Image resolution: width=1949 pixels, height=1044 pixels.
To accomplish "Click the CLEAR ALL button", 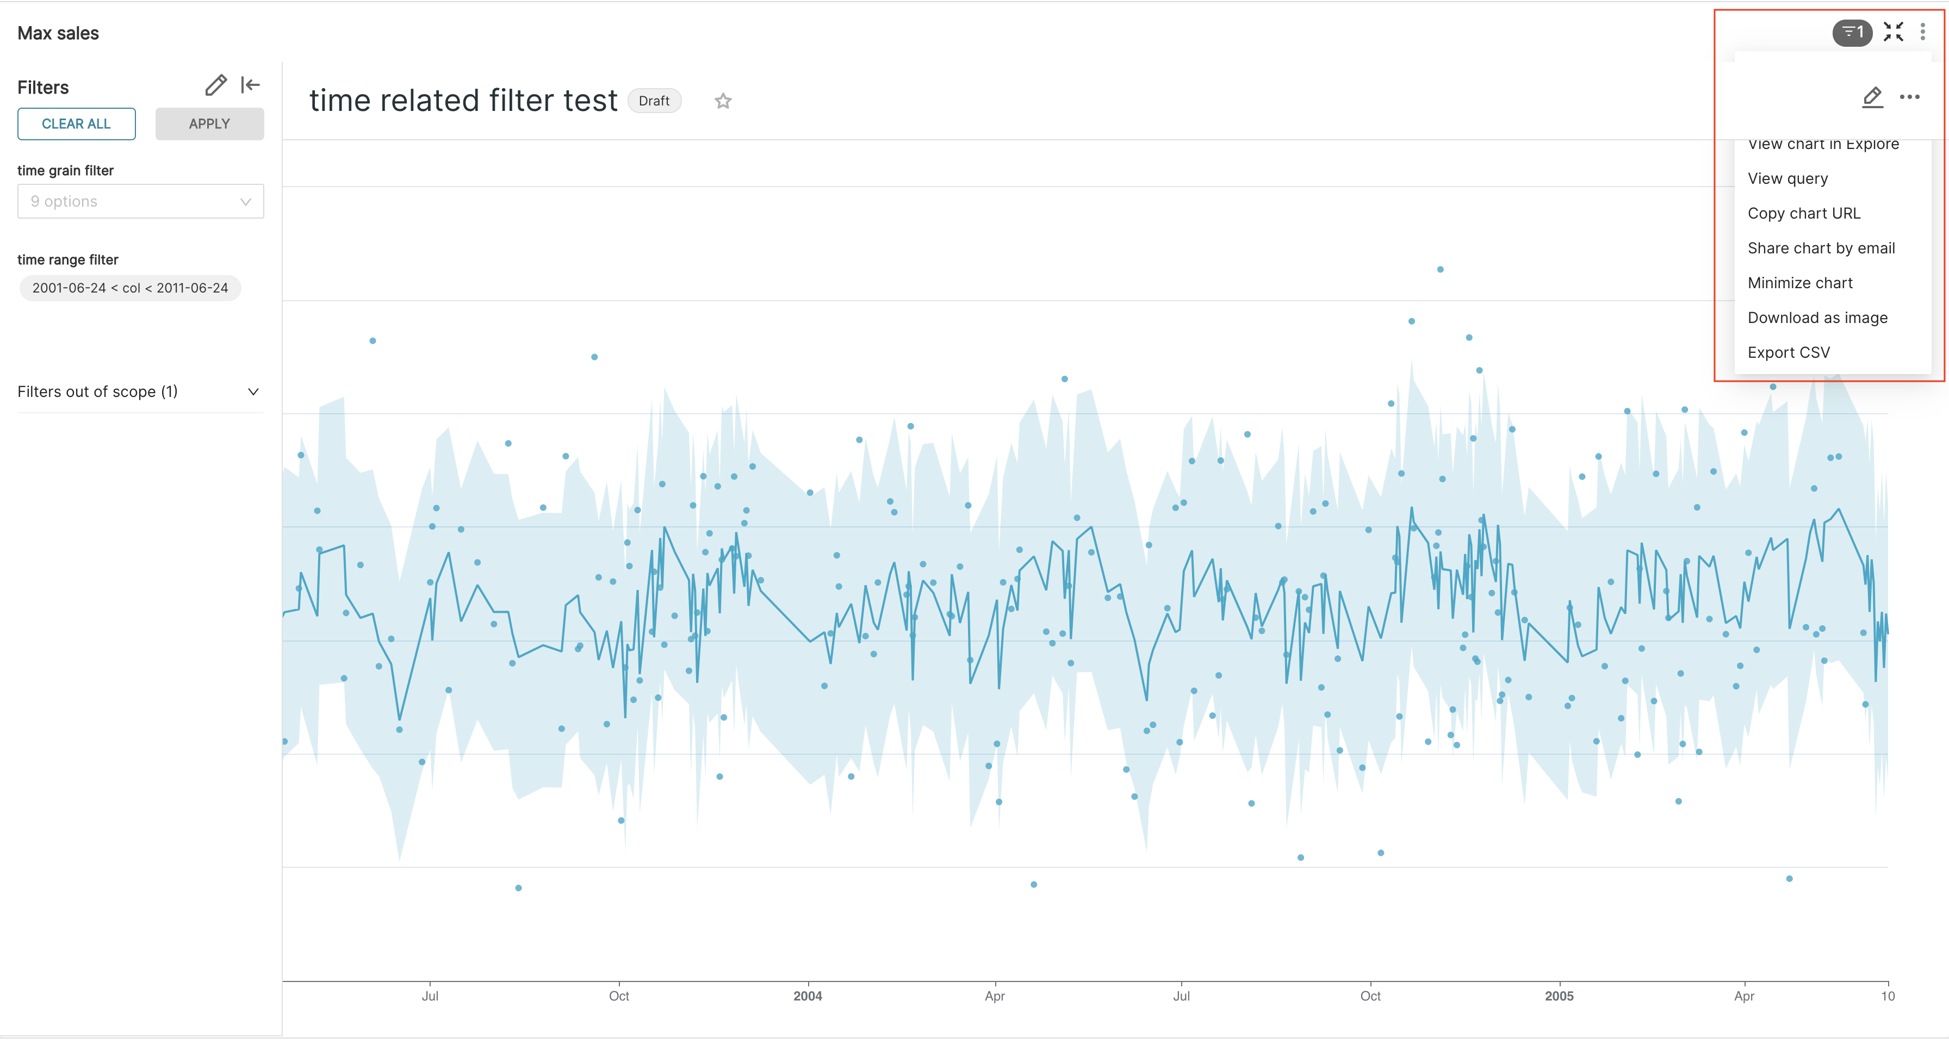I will point(77,124).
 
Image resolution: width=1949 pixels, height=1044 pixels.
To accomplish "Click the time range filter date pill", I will point(130,288).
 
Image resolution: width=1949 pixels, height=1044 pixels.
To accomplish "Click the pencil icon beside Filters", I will point(216,85).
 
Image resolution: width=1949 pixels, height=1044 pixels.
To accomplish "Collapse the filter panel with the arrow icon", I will point(251,85).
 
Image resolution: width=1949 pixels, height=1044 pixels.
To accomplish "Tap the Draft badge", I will point(654,101).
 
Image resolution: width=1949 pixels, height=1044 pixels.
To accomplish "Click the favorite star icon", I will point(723,101).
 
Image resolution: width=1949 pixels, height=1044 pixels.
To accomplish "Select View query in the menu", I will point(1787,178).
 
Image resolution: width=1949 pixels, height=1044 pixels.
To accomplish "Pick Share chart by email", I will point(1820,248).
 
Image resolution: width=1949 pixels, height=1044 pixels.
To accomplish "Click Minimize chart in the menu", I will point(1800,283).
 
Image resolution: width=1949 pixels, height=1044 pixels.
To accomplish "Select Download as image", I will point(1817,318).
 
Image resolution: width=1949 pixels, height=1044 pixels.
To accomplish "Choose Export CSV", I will point(1789,352).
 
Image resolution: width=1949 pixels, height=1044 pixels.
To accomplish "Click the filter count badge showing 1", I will point(1852,33).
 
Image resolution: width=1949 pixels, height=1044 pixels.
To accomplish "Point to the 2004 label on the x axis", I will point(808,996).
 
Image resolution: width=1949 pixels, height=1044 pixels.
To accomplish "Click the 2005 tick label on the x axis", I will point(1559,996).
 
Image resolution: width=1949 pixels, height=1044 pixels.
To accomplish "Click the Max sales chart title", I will point(58,33).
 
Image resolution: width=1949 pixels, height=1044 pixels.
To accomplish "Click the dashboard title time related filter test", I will point(463,101).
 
